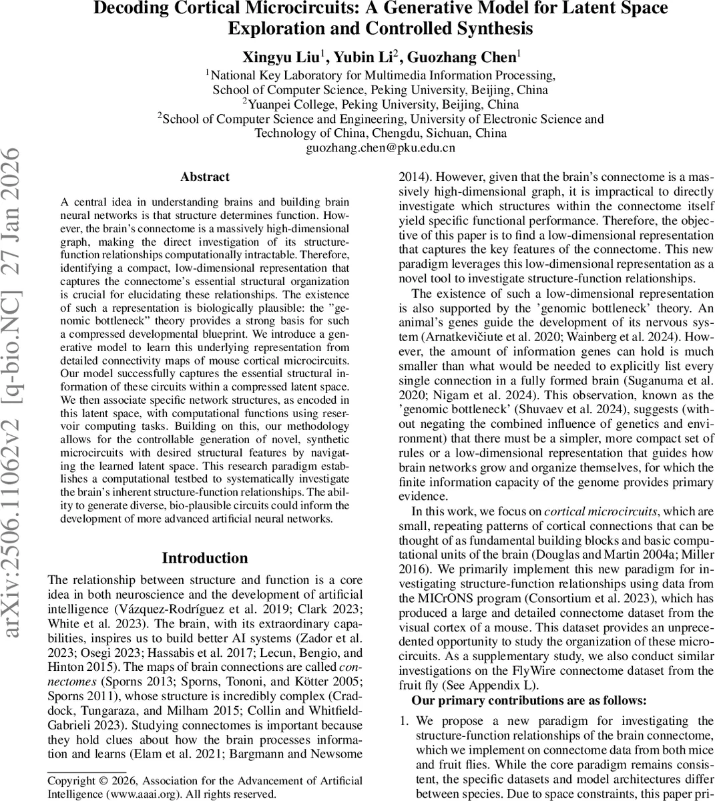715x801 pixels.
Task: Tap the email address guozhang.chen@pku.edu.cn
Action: point(381,148)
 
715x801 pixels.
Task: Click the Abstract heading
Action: point(205,177)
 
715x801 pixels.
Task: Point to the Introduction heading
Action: point(205,558)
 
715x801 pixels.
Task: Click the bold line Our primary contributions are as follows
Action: point(529,700)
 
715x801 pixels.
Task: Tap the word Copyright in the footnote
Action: point(71,780)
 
